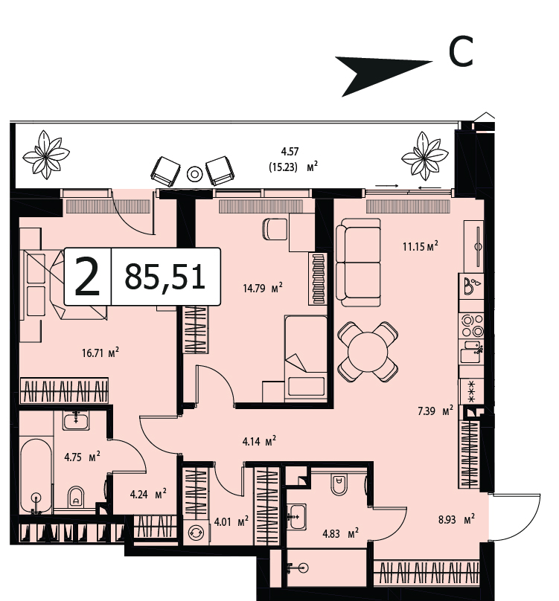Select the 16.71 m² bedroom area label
(x=100, y=353)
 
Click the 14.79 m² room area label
(x=263, y=287)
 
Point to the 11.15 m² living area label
(x=420, y=245)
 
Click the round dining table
(x=368, y=352)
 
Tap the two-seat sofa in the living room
(x=358, y=263)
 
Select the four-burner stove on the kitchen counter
(x=473, y=325)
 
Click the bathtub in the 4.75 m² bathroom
(x=36, y=477)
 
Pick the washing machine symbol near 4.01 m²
(x=196, y=533)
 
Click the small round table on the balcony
(x=194, y=174)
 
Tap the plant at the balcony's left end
(x=46, y=155)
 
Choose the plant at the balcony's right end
(x=424, y=155)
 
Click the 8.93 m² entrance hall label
(x=456, y=519)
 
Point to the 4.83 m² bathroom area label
(x=341, y=533)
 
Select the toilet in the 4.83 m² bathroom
(x=339, y=484)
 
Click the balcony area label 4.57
(x=290, y=152)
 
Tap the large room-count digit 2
(x=88, y=277)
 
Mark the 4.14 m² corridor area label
(x=259, y=442)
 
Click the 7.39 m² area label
(x=435, y=411)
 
